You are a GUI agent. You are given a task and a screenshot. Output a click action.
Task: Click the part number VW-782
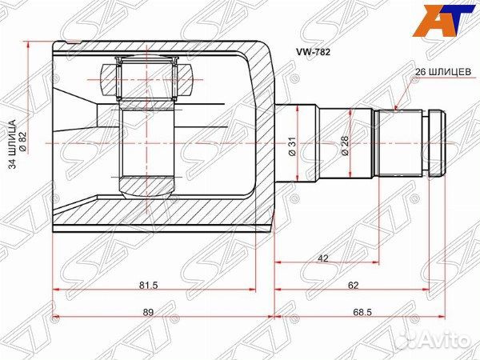pyautogui.click(x=313, y=52)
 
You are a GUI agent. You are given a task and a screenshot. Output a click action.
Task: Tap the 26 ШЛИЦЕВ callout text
pyautogui.click(x=443, y=71)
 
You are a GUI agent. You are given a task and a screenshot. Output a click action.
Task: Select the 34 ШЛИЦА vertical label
pyautogui.click(x=13, y=145)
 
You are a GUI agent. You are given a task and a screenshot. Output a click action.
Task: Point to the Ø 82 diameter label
pyautogui.click(x=23, y=145)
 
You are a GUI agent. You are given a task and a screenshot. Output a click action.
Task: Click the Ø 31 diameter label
pyautogui.click(x=293, y=146)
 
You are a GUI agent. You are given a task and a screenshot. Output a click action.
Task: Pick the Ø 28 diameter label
pyautogui.click(x=345, y=146)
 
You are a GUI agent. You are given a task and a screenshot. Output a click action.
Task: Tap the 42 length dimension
pyautogui.click(x=322, y=258)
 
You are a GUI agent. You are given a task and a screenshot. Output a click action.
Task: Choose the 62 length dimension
pyautogui.click(x=353, y=286)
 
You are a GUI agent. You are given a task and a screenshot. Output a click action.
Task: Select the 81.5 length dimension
pyautogui.click(x=148, y=286)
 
